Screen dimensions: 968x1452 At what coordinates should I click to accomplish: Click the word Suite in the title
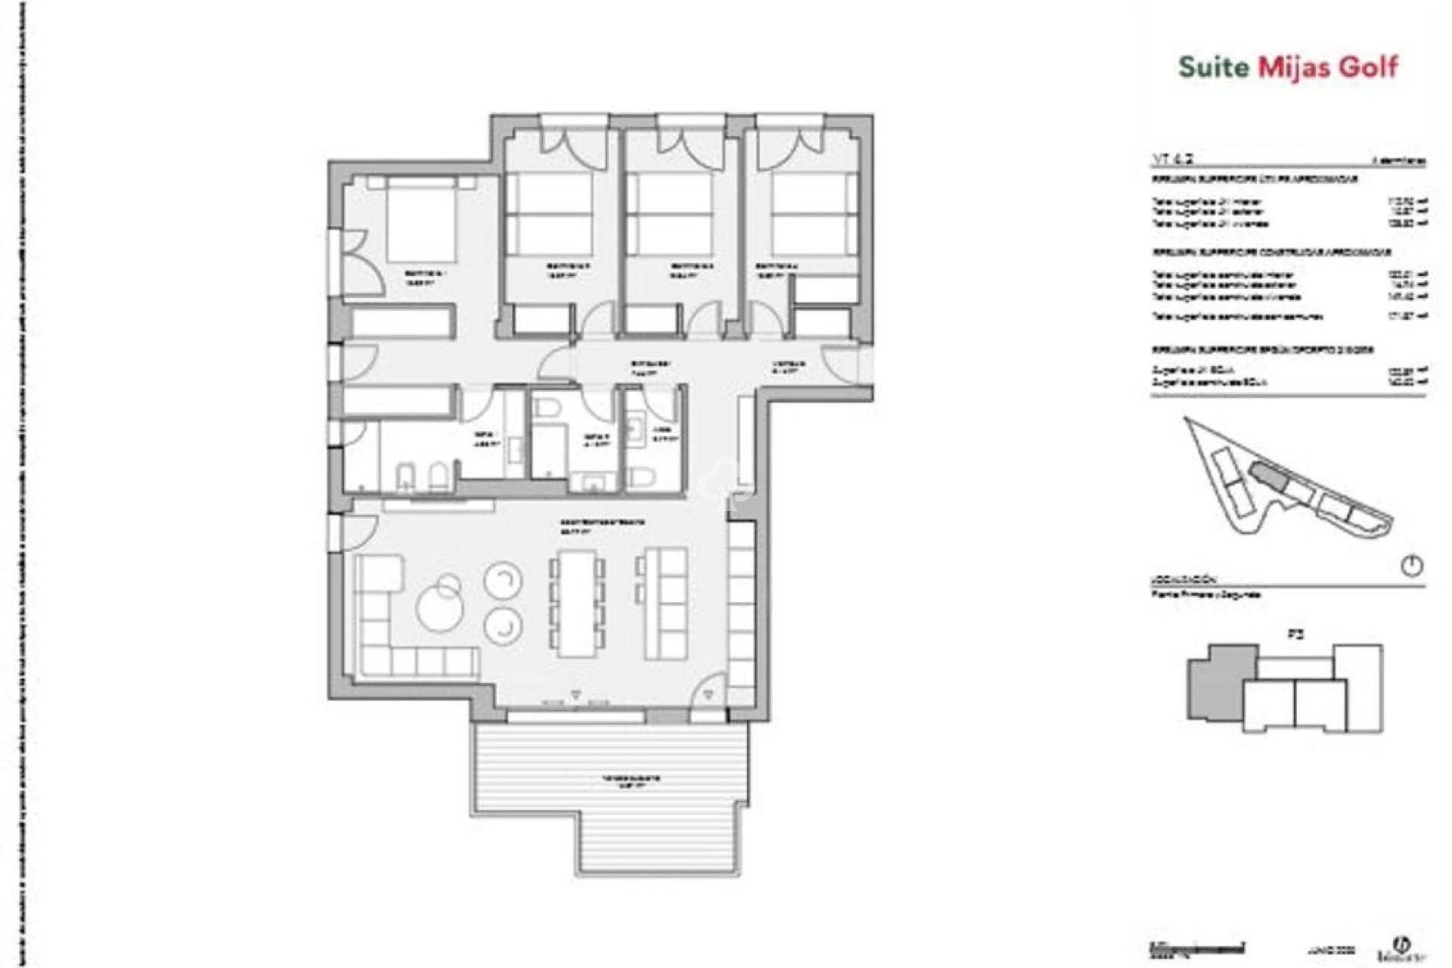coord(1214,67)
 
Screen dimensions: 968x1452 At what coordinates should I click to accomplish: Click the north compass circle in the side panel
coord(1412,566)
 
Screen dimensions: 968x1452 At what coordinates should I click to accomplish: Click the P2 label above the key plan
coord(1295,636)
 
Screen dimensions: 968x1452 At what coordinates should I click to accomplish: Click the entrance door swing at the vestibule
coord(841,365)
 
